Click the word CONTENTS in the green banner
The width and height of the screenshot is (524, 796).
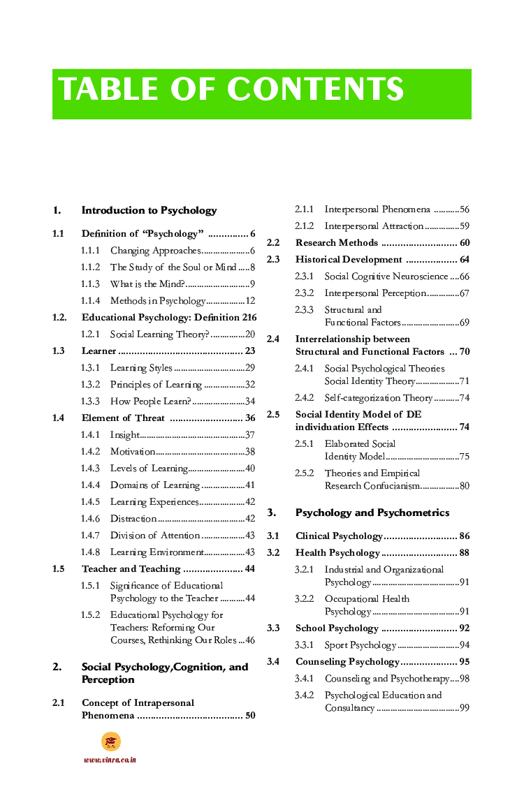pos(315,90)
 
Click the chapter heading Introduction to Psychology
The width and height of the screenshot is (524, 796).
pos(149,210)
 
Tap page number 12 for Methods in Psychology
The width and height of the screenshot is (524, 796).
pos(250,301)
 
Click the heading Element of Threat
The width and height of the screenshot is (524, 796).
pos(123,418)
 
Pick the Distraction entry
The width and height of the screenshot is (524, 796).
pos(133,519)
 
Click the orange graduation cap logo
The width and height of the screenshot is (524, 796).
pos(110,742)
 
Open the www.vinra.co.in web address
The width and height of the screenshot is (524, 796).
pos(110,760)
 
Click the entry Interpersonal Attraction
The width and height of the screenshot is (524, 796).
pos(374,226)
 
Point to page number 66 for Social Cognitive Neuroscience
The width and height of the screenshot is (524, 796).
pos(464,277)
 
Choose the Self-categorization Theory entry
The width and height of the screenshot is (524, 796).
pos(378,398)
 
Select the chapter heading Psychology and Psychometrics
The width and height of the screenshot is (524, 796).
pos(372,513)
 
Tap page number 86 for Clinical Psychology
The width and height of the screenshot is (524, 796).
pos(464,536)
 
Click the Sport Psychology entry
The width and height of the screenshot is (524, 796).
pos(360,645)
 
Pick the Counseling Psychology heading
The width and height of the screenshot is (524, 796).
pos(347,662)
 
